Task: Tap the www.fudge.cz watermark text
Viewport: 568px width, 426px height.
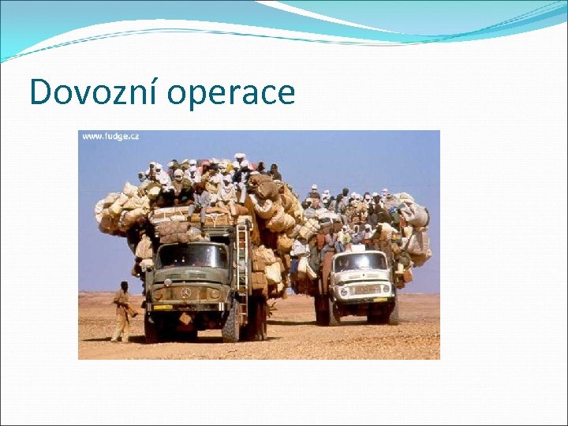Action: tap(110, 136)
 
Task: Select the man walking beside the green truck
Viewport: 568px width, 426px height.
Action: tap(121, 312)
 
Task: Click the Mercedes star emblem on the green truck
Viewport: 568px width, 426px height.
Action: tap(186, 291)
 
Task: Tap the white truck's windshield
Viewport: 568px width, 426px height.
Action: tap(361, 262)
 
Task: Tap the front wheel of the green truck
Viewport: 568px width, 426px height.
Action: tap(231, 323)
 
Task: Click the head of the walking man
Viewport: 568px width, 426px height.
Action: tap(124, 286)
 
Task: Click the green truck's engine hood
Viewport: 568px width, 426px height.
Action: tap(186, 277)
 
